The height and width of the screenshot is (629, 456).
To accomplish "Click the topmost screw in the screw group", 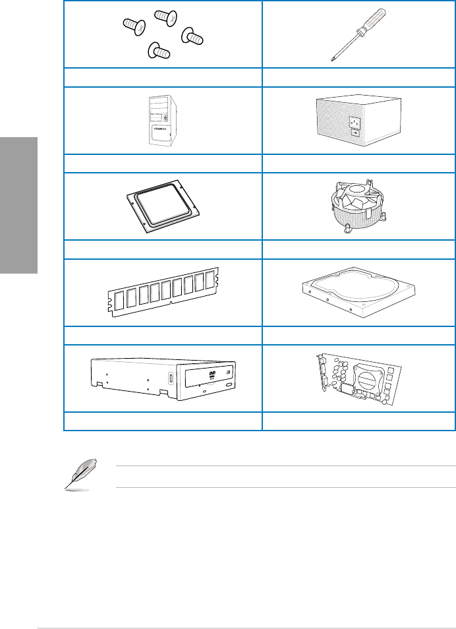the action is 163,18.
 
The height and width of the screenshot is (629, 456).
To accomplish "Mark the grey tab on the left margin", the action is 18,205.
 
